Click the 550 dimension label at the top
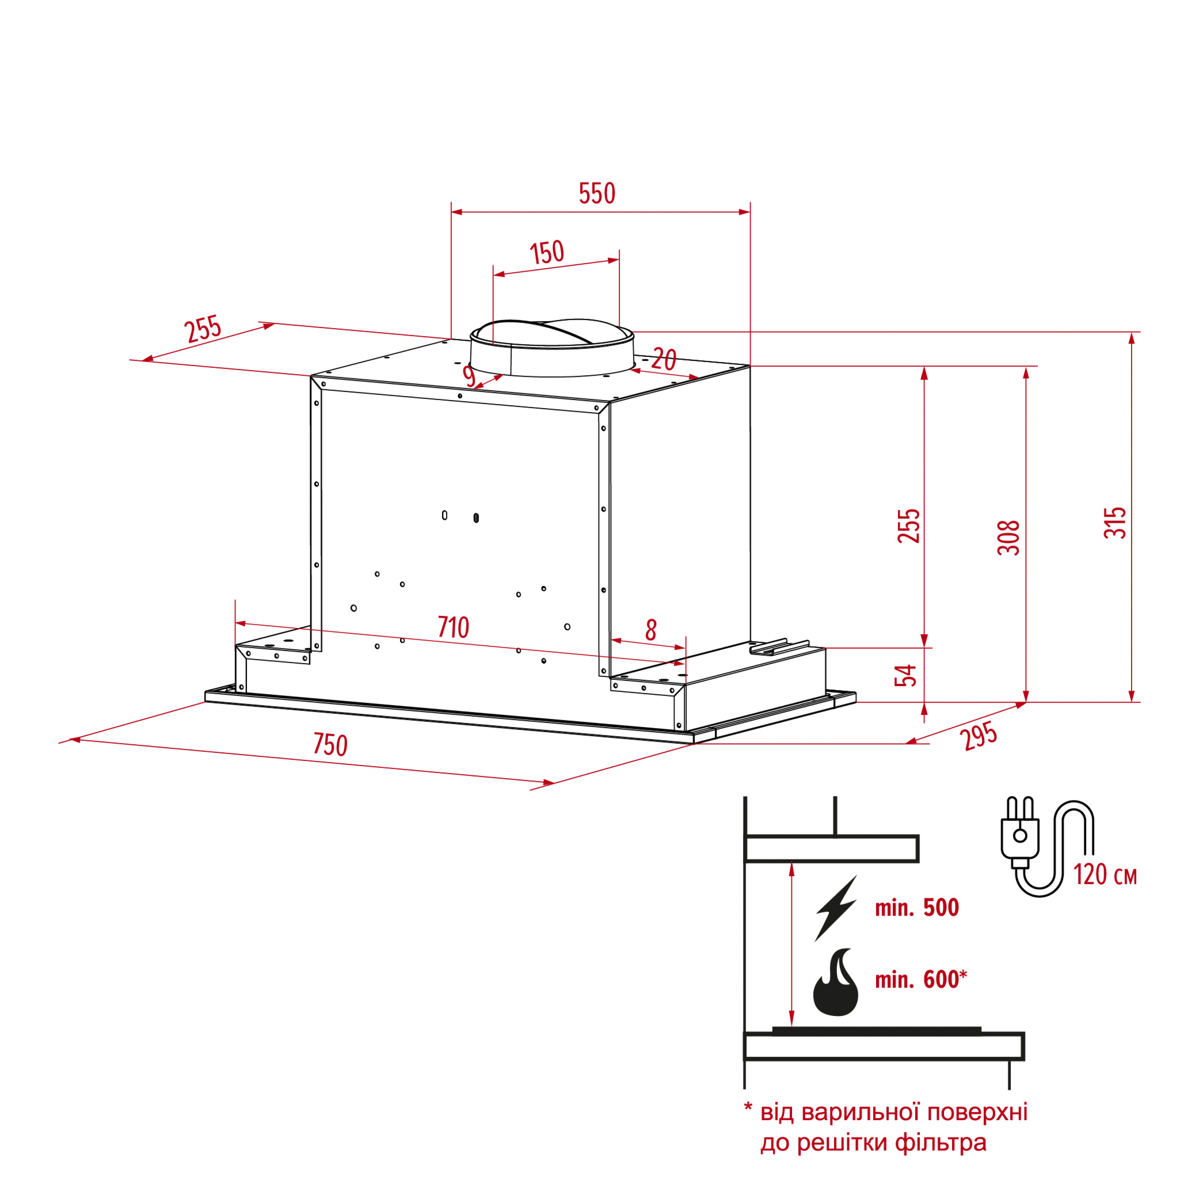597,193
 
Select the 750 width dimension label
330,745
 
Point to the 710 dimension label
453,627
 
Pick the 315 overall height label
1115,522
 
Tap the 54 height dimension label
906,675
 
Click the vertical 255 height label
908,526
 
